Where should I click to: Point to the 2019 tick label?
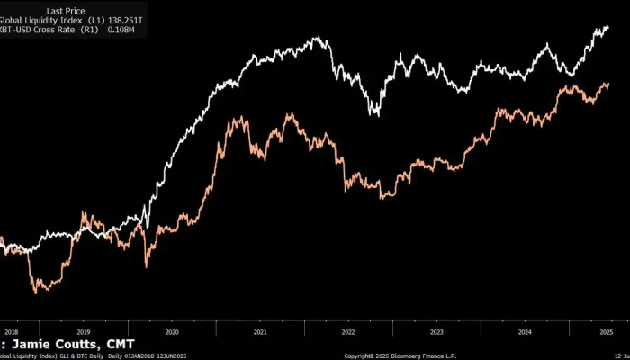pos(84,332)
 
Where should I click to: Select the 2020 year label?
pos(172,332)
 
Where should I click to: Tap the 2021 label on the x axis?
pos(260,332)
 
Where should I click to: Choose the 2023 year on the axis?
pos(436,332)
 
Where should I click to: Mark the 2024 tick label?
pos(525,332)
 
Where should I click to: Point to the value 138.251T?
pos(124,21)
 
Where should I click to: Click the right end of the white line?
pos(608,27)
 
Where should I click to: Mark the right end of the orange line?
pos(608,85)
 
